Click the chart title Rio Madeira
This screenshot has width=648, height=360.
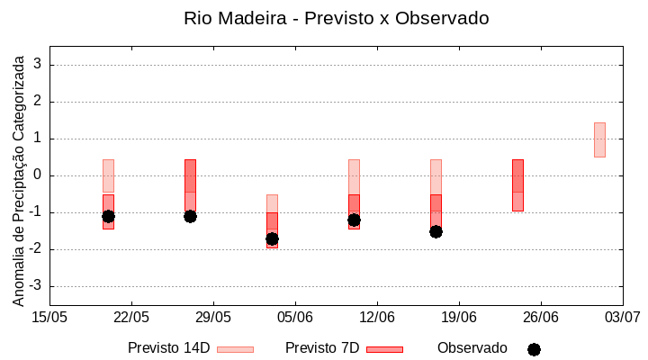pyautogui.click(x=336, y=18)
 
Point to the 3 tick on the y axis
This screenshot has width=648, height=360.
pyautogui.click(x=38, y=65)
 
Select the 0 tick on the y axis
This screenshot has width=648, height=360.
pyautogui.click(x=38, y=175)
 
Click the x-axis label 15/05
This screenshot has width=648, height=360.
pyautogui.click(x=49, y=317)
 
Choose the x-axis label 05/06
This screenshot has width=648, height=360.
pyautogui.click(x=294, y=317)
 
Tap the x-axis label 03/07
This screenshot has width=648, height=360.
pyautogui.click(x=622, y=317)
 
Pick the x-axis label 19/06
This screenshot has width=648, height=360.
pyautogui.click(x=458, y=317)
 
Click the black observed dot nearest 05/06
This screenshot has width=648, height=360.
pyautogui.click(x=272, y=238)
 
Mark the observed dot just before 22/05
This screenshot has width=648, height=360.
pyautogui.click(x=108, y=216)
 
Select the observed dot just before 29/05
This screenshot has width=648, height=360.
pyautogui.click(x=190, y=216)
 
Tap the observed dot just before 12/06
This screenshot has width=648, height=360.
pyautogui.click(x=354, y=220)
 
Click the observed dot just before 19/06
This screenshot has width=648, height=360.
pyautogui.click(x=436, y=231)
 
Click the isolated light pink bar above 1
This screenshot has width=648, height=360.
pyautogui.click(x=599, y=139)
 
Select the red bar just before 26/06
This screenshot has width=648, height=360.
pyautogui.click(x=517, y=184)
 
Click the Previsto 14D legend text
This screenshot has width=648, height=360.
pyautogui.click(x=168, y=348)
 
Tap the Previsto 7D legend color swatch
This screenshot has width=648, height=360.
pyautogui.click(x=384, y=349)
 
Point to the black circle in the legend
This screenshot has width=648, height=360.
pyautogui.click(x=534, y=349)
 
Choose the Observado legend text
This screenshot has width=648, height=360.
pyautogui.click(x=472, y=348)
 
